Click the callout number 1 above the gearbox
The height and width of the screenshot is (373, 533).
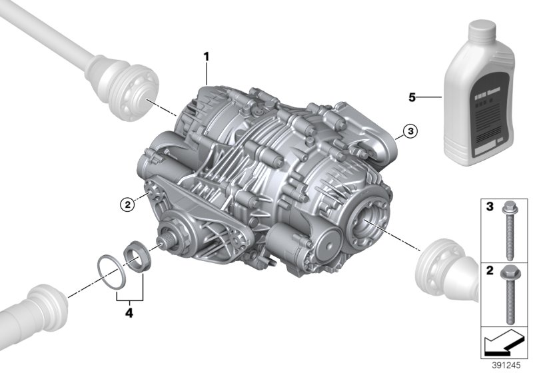click(207, 57)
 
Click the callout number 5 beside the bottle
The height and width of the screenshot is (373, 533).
click(412, 97)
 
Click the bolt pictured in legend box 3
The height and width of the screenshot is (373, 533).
click(511, 230)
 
